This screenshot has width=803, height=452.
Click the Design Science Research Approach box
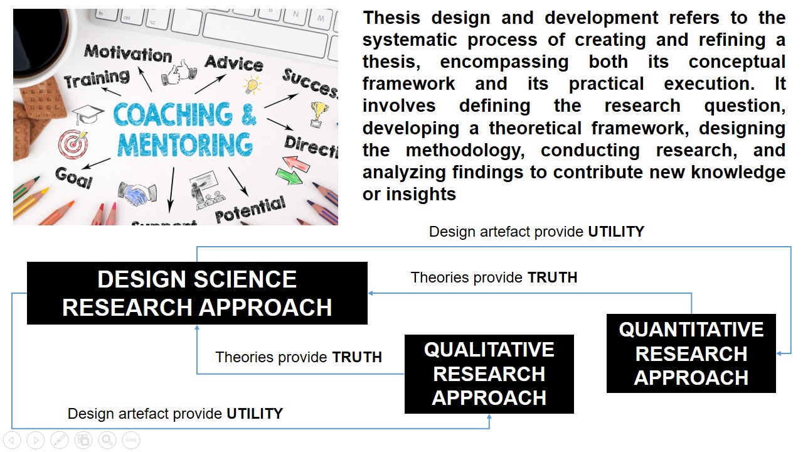tap(197, 293)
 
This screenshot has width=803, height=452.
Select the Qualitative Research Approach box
tap(489, 374)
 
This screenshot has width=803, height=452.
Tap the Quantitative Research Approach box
tap(691, 353)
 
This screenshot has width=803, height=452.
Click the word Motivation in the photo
tap(128, 54)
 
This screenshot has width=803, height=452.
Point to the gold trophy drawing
tap(318, 114)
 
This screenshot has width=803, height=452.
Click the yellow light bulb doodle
tap(252, 85)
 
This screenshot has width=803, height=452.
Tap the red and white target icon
tap(73, 144)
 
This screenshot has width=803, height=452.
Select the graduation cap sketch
tap(87, 114)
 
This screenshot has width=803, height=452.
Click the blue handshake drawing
tap(137, 194)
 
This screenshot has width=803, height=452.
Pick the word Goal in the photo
tap(74, 178)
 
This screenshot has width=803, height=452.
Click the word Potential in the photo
tap(250, 210)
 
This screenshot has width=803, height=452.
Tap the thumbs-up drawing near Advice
tap(179, 72)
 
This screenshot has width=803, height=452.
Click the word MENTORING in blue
tap(185, 144)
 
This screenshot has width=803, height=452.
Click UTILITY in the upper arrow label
tap(616, 232)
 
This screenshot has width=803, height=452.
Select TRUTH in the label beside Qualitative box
tap(357, 357)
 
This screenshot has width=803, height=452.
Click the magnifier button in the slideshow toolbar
tap(107, 440)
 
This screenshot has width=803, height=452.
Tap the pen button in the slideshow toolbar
tap(60, 440)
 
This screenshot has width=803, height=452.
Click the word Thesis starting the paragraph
tap(391, 18)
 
